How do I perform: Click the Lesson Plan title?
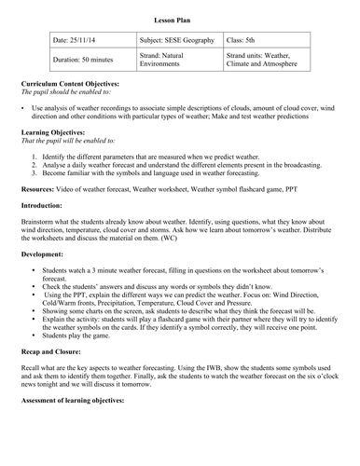179,20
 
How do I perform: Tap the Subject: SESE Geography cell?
176,41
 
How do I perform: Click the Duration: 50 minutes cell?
83,60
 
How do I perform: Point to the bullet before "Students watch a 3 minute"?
34,269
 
